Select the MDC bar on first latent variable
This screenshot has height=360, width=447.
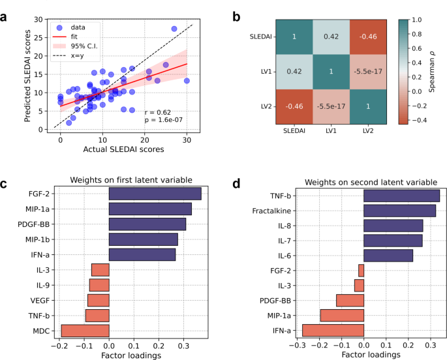(85, 331)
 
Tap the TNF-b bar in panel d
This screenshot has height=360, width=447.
(401, 195)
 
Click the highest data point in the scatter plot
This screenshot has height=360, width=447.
(174, 29)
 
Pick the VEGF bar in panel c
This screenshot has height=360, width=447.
(98, 300)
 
